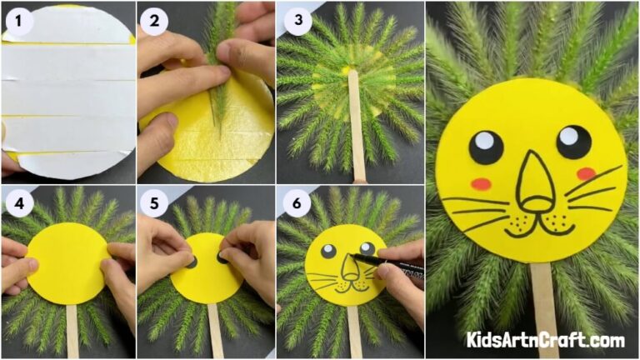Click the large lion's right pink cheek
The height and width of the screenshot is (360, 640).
point(587,173)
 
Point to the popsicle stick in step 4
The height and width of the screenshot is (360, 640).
point(72,329)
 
